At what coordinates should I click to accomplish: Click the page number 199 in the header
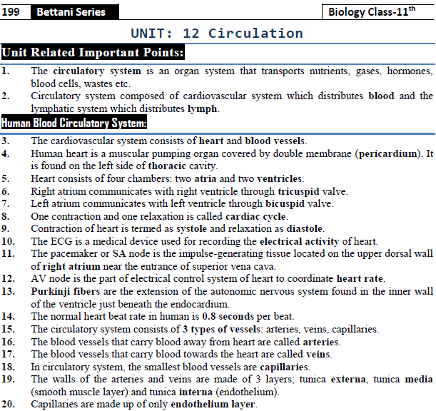click(x=11, y=11)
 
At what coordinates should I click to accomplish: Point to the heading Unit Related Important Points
click(x=93, y=53)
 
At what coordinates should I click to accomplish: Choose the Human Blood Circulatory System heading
click(x=74, y=123)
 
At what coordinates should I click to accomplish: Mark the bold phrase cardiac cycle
click(x=255, y=216)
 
